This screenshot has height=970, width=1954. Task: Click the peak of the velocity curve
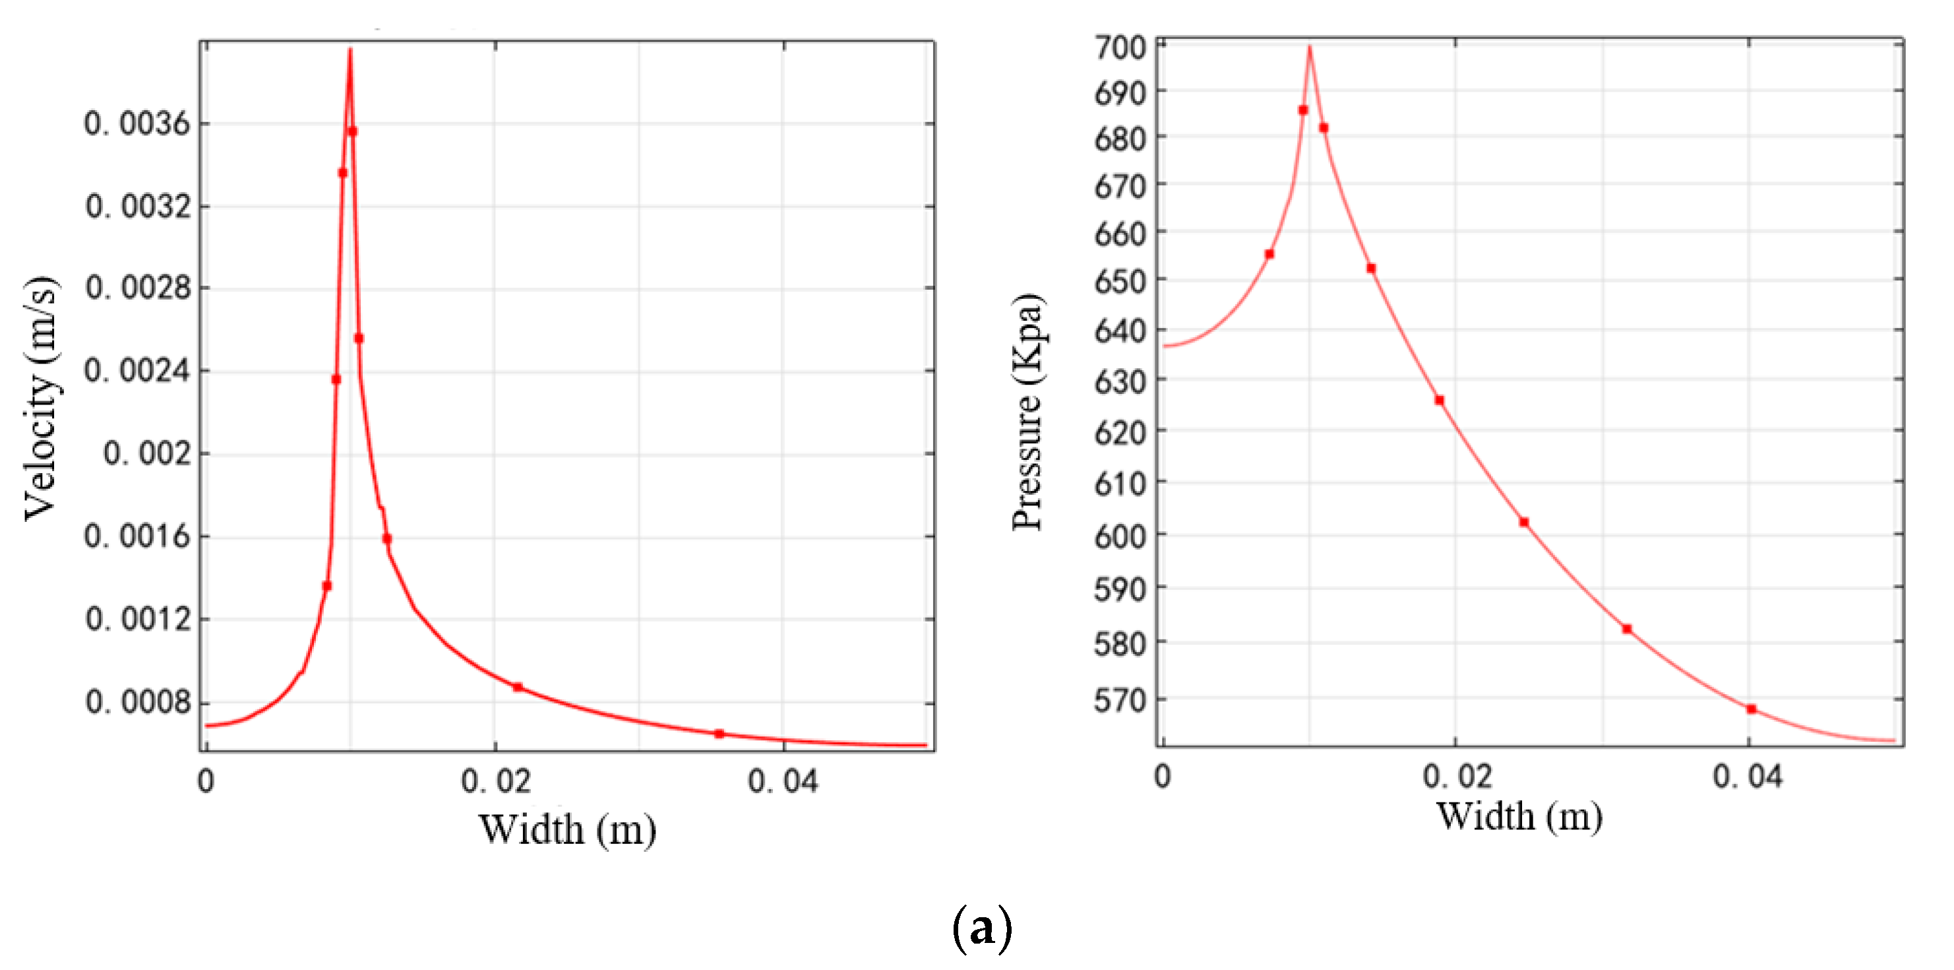coord(350,50)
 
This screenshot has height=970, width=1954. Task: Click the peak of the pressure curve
coord(1309,47)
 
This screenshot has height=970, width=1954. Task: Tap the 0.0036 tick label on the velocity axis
coord(137,123)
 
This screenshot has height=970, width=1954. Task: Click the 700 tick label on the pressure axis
coord(1120,47)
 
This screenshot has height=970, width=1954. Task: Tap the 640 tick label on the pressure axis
coord(1120,331)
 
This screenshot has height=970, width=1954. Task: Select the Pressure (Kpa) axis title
coord(1029,412)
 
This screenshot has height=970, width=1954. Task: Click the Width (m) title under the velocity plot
coord(567,829)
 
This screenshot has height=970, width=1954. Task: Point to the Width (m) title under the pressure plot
coord(1519,817)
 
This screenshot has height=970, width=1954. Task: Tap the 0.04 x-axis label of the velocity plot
coord(783,781)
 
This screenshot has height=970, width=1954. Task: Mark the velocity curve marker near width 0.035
coord(719,734)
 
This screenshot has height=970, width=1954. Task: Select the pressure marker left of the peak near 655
coord(1269,254)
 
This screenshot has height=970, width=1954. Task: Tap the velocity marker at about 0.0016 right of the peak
coord(387,539)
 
